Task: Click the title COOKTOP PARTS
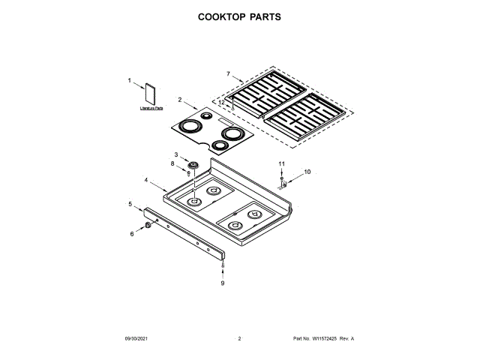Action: tap(239, 16)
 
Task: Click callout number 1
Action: tap(129, 80)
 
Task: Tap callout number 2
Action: tap(180, 99)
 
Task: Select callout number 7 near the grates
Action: tap(228, 73)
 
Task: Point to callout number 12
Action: tap(232, 102)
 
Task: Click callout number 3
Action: tap(176, 154)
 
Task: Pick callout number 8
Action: tap(172, 163)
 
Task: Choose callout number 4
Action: tap(145, 180)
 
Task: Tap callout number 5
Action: tap(130, 204)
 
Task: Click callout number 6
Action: tap(133, 235)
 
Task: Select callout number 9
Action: tap(222, 283)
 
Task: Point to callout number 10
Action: tap(306, 172)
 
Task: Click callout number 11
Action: tap(282, 163)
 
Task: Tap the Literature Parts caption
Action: tap(151, 109)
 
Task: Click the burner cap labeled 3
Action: tap(193, 164)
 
